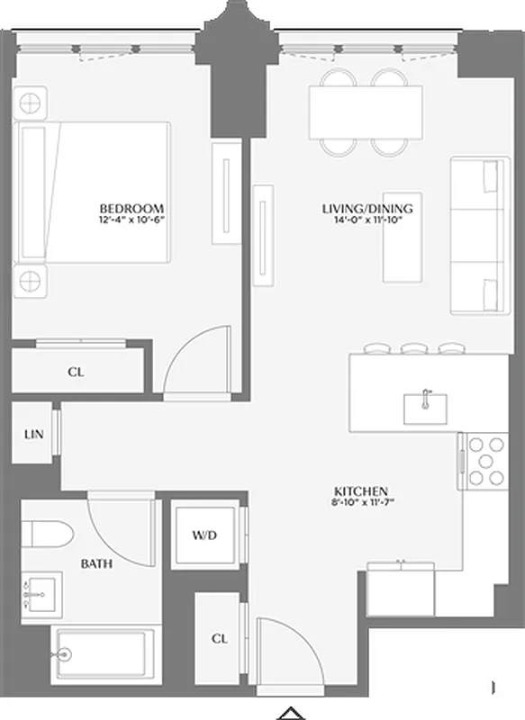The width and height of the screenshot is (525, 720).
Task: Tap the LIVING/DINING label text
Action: (361, 209)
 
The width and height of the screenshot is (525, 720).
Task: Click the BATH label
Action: (96, 564)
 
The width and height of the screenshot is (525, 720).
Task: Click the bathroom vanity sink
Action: (37, 594)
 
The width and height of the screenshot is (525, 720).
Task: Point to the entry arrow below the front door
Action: (288, 713)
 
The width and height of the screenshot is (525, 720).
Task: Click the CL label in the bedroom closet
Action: (77, 370)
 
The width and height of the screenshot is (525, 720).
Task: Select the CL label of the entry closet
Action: (219, 638)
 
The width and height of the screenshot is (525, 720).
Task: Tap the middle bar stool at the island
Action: (413, 347)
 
